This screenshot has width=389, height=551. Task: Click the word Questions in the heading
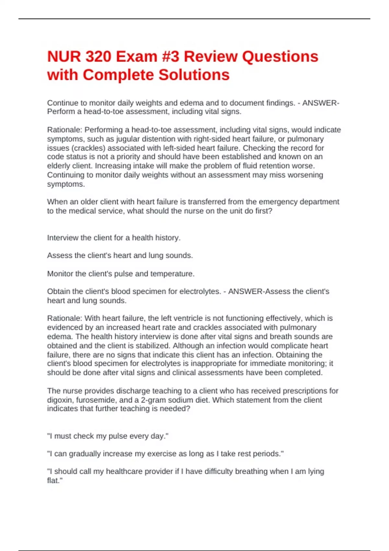click(280, 57)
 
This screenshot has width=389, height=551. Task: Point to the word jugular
click(127, 139)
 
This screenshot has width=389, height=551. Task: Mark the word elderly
click(60, 166)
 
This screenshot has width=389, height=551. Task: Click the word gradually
click(85, 454)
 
